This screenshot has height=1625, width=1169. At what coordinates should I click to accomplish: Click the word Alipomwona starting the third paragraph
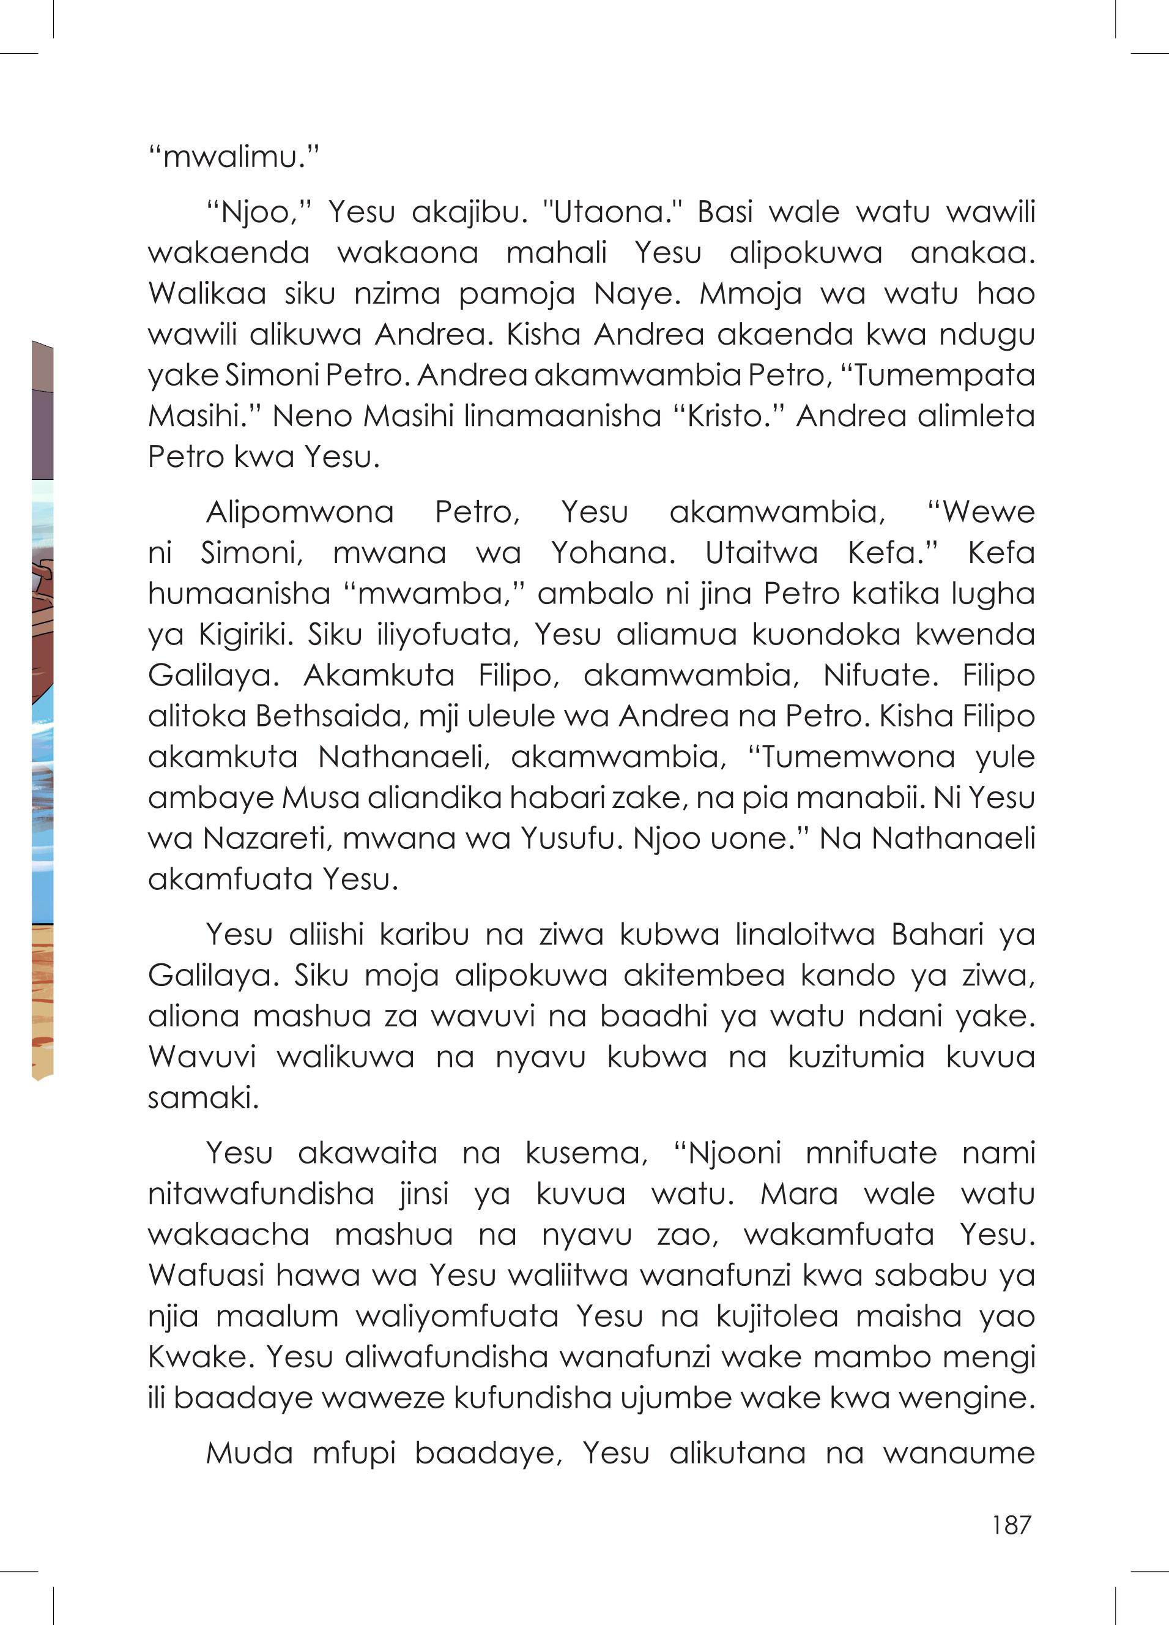(x=299, y=512)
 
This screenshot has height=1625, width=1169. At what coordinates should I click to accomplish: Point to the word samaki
(x=202, y=1097)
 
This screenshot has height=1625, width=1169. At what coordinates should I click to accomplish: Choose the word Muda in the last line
(x=249, y=1453)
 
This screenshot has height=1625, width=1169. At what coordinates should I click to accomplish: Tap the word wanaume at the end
(x=959, y=1453)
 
